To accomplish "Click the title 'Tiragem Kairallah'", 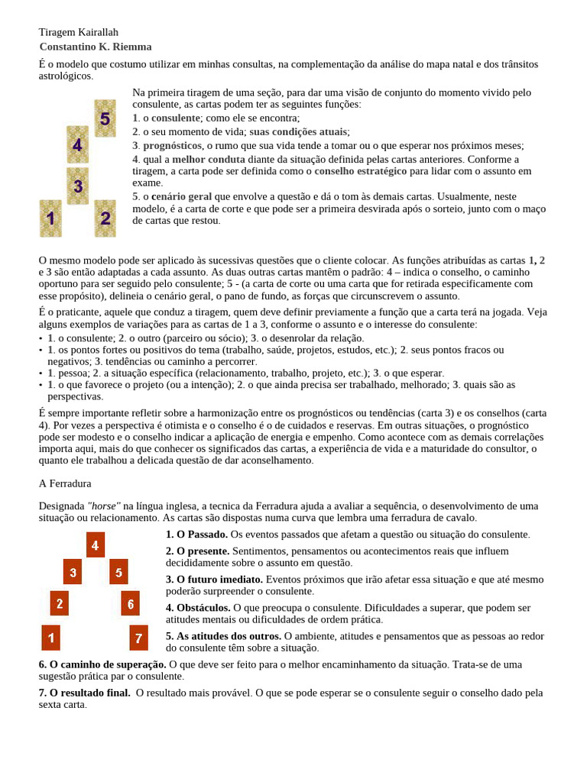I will pos(79,32).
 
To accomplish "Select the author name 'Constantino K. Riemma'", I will pos(96,47).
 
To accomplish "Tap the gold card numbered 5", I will pos(105,118).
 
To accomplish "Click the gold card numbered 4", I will pos(77,144).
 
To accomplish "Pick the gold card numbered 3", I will pos(78,186).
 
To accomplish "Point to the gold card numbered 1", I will pos(50,218).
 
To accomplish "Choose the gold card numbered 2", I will pos(105,218).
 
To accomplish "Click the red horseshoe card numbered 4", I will pos(95,545).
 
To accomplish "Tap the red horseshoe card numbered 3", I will pos(72,571).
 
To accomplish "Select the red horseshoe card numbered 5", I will pos(118,571).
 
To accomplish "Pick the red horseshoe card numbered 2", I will pos(60,603).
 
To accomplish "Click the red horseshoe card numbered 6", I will pos(130,603).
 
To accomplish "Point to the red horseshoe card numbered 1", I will pos(50,637).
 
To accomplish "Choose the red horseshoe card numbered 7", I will pos(138,637).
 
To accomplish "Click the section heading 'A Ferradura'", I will pos(65,483).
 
